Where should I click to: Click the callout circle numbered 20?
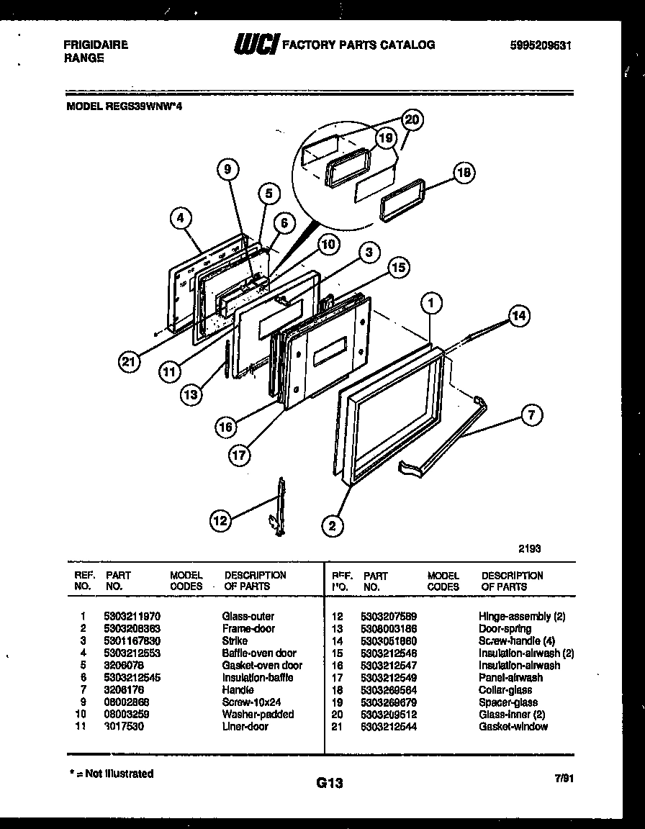pyautogui.click(x=412, y=120)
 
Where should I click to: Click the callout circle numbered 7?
pyautogui.click(x=530, y=414)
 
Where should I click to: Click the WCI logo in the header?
pyautogui.click(x=254, y=45)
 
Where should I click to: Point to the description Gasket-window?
pyautogui.click(x=513, y=726)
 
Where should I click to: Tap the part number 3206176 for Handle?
pyautogui.click(x=124, y=689)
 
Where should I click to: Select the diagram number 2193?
pyautogui.click(x=530, y=548)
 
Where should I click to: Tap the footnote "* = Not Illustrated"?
pyautogui.click(x=110, y=774)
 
